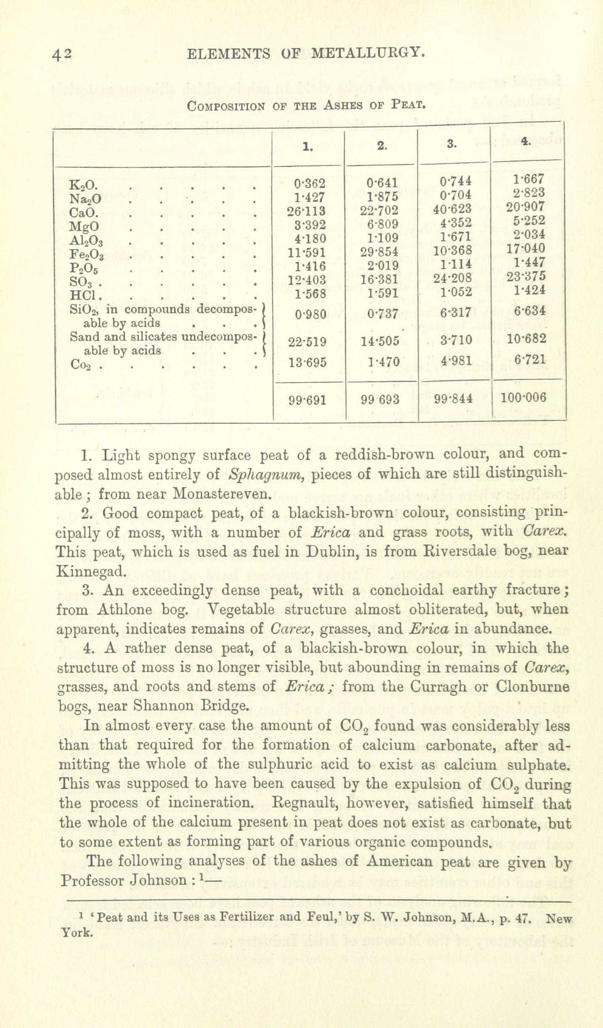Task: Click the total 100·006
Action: point(524,397)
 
